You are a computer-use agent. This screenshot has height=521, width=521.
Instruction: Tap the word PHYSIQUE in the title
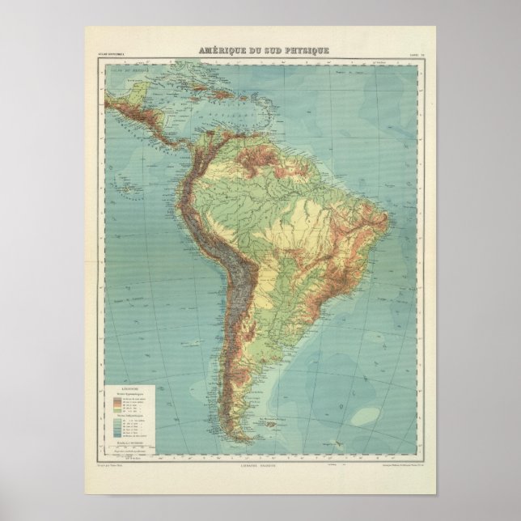coord(304,51)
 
